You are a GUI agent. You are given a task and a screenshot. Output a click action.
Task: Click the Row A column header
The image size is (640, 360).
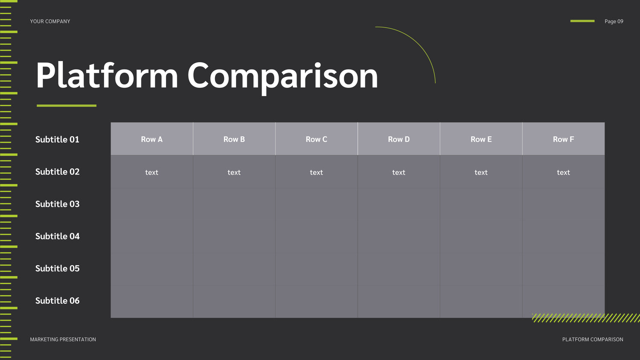[152, 139]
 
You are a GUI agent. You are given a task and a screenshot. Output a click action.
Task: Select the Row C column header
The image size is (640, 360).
[316, 139]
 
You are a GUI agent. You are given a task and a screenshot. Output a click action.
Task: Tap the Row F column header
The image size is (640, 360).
[564, 139]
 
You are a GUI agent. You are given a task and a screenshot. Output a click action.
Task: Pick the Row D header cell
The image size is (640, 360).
[399, 139]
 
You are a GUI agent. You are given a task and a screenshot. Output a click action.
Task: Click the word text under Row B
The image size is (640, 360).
[234, 172]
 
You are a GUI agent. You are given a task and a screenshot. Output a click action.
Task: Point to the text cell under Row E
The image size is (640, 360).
[481, 172]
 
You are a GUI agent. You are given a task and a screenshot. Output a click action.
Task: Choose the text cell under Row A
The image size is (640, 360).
[152, 172]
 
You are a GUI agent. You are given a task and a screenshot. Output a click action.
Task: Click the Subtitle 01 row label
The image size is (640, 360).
[57, 139]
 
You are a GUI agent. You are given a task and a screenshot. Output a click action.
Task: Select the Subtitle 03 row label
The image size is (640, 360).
[58, 204]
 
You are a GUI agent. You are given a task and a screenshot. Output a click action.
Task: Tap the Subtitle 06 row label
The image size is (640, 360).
[58, 301]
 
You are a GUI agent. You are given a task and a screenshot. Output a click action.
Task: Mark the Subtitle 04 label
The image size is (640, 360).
[58, 236]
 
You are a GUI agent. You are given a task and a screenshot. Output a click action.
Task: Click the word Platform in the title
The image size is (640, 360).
[107, 75]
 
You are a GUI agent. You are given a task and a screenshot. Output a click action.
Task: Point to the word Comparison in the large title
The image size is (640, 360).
[283, 77]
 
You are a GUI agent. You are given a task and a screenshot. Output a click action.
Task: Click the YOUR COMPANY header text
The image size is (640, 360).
[50, 21]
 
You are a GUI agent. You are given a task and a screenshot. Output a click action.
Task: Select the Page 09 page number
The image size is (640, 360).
[614, 21]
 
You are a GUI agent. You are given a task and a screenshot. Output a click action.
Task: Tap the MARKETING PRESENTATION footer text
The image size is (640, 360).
[63, 340]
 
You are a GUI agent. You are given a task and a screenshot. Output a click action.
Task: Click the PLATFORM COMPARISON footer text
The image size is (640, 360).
[593, 340]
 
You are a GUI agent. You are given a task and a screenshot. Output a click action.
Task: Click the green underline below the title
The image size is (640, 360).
[67, 106]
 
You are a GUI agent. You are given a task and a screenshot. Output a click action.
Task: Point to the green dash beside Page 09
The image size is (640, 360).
[582, 21]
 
